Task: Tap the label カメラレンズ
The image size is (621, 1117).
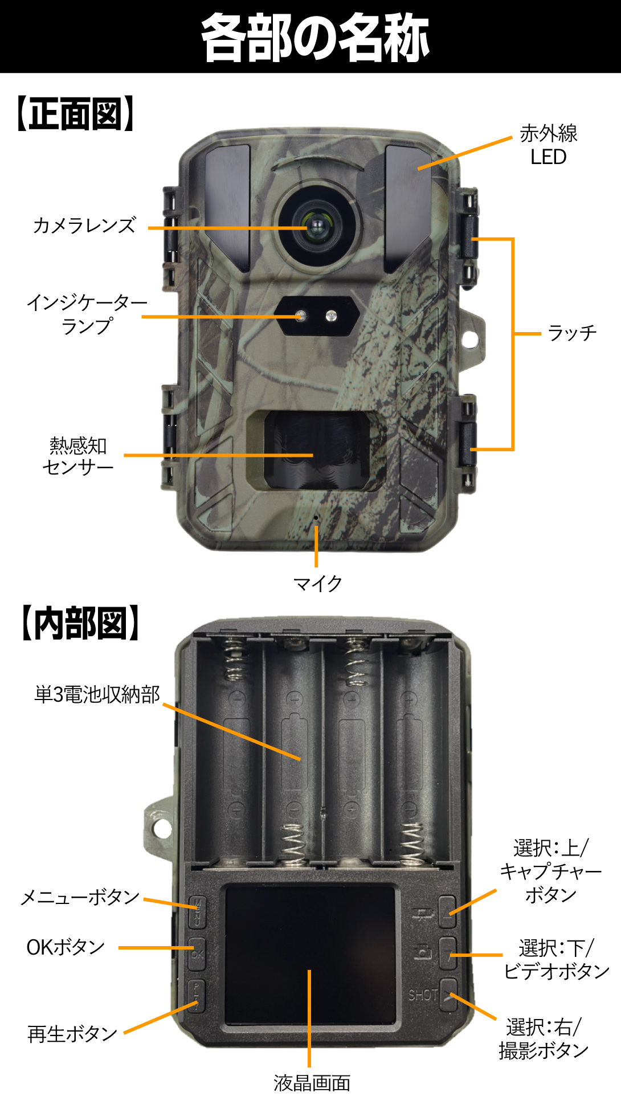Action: click(85, 225)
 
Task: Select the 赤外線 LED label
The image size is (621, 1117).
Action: click(548, 145)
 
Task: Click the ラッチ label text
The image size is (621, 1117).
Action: click(572, 333)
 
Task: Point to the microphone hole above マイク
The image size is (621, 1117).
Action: click(316, 517)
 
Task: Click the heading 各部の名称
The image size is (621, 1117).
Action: click(315, 37)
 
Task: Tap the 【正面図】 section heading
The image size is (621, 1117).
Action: click(75, 114)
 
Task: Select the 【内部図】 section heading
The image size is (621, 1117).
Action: click(80, 623)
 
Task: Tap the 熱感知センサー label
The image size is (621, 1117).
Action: click(78, 456)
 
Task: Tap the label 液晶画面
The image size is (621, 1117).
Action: click(312, 1083)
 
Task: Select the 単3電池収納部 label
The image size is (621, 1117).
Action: click(97, 694)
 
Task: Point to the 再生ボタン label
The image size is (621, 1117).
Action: click(72, 1033)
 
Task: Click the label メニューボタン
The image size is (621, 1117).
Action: click(80, 897)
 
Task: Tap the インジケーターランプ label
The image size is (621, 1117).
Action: click(87, 314)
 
